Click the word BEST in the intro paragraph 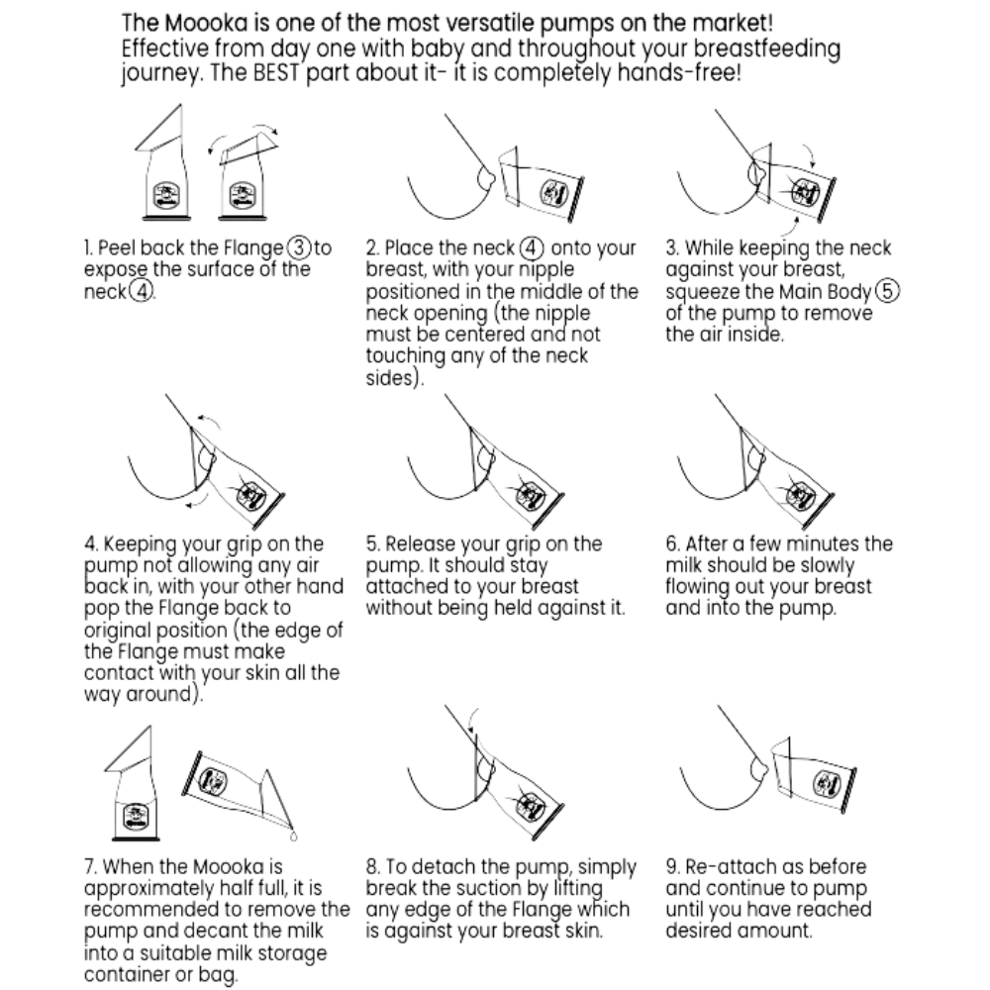(275, 72)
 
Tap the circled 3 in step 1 (299, 247)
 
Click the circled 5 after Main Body (887, 291)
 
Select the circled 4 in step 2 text (532, 247)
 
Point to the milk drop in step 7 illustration (293, 837)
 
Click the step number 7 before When (90, 866)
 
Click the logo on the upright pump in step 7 (134, 816)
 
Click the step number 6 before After (672, 544)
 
